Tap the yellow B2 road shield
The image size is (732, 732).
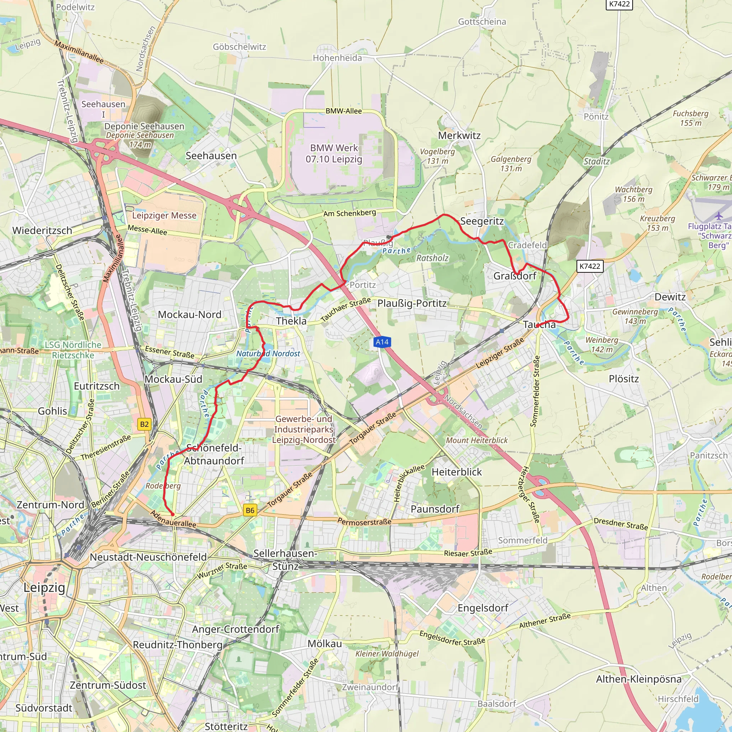click(144, 424)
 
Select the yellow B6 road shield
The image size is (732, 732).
click(250, 510)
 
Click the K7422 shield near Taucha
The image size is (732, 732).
click(590, 266)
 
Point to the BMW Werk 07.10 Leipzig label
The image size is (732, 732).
click(334, 153)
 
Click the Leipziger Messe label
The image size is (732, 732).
click(164, 216)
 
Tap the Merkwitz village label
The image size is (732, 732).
click(459, 135)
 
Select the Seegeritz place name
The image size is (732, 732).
click(482, 221)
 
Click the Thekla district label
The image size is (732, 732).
click(291, 321)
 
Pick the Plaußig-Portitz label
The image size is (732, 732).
click(412, 303)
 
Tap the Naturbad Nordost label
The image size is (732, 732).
click(268, 353)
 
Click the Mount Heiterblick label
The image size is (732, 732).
click(477, 440)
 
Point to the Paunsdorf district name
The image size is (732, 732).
click(435, 509)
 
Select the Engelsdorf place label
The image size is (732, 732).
click(483, 608)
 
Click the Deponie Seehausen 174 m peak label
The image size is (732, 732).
click(140, 140)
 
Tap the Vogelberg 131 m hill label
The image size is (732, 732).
click(437, 156)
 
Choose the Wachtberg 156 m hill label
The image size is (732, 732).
click(633, 194)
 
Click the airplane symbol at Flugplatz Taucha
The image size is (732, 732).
click(719, 216)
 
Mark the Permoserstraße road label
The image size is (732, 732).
click(365, 522)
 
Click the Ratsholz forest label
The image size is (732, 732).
click(432, 258)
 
